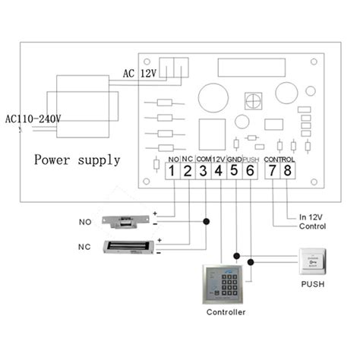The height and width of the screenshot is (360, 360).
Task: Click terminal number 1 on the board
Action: pos(172,172)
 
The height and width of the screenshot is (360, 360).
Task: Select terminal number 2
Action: pos(188,172)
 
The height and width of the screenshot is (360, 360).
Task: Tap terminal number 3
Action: pos(203,172)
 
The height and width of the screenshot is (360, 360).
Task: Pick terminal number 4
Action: pos(218,172)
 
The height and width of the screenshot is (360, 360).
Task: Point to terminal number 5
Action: pos(234,172)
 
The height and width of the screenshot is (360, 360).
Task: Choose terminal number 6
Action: pos(249,172)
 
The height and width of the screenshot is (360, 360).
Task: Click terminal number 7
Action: pos(273,172)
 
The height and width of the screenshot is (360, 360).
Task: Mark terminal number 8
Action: pos(288,172)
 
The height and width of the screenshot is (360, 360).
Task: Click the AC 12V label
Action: pos(140,74)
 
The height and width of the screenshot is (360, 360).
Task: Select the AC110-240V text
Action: pos(33,119)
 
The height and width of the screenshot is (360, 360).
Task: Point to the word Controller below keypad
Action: pos(226,311)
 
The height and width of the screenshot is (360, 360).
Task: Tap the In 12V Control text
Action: pos(314,220)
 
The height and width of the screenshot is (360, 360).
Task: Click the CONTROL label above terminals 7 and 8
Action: pos(279,159)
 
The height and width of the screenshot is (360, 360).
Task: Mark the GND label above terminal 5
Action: pos(234,159)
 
